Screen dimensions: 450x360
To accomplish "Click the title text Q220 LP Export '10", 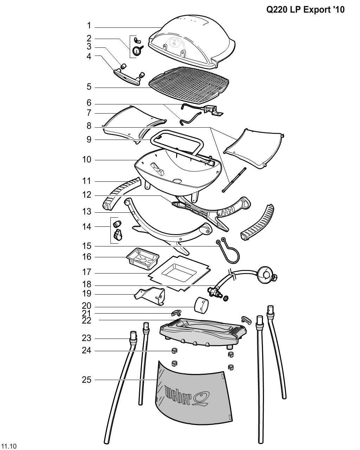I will pos(305,9).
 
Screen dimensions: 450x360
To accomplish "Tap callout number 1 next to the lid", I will pos(89,26).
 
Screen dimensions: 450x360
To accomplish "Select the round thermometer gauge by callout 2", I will pos(136,52).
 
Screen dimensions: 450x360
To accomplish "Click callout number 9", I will pos(89,140).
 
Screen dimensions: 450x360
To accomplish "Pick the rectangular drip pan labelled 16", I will pos(142,259).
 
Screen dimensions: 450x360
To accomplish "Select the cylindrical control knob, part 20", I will pos(201,304).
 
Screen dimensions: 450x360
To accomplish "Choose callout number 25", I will pos(86,380).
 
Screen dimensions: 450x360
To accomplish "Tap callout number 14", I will pos(87,226).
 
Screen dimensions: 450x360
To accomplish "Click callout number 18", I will pos(87,284).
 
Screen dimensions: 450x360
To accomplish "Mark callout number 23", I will pos(86,338).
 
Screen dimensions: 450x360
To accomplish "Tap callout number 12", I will pos(87,195).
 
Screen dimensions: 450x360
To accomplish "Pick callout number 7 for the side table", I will pos(89,113).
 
